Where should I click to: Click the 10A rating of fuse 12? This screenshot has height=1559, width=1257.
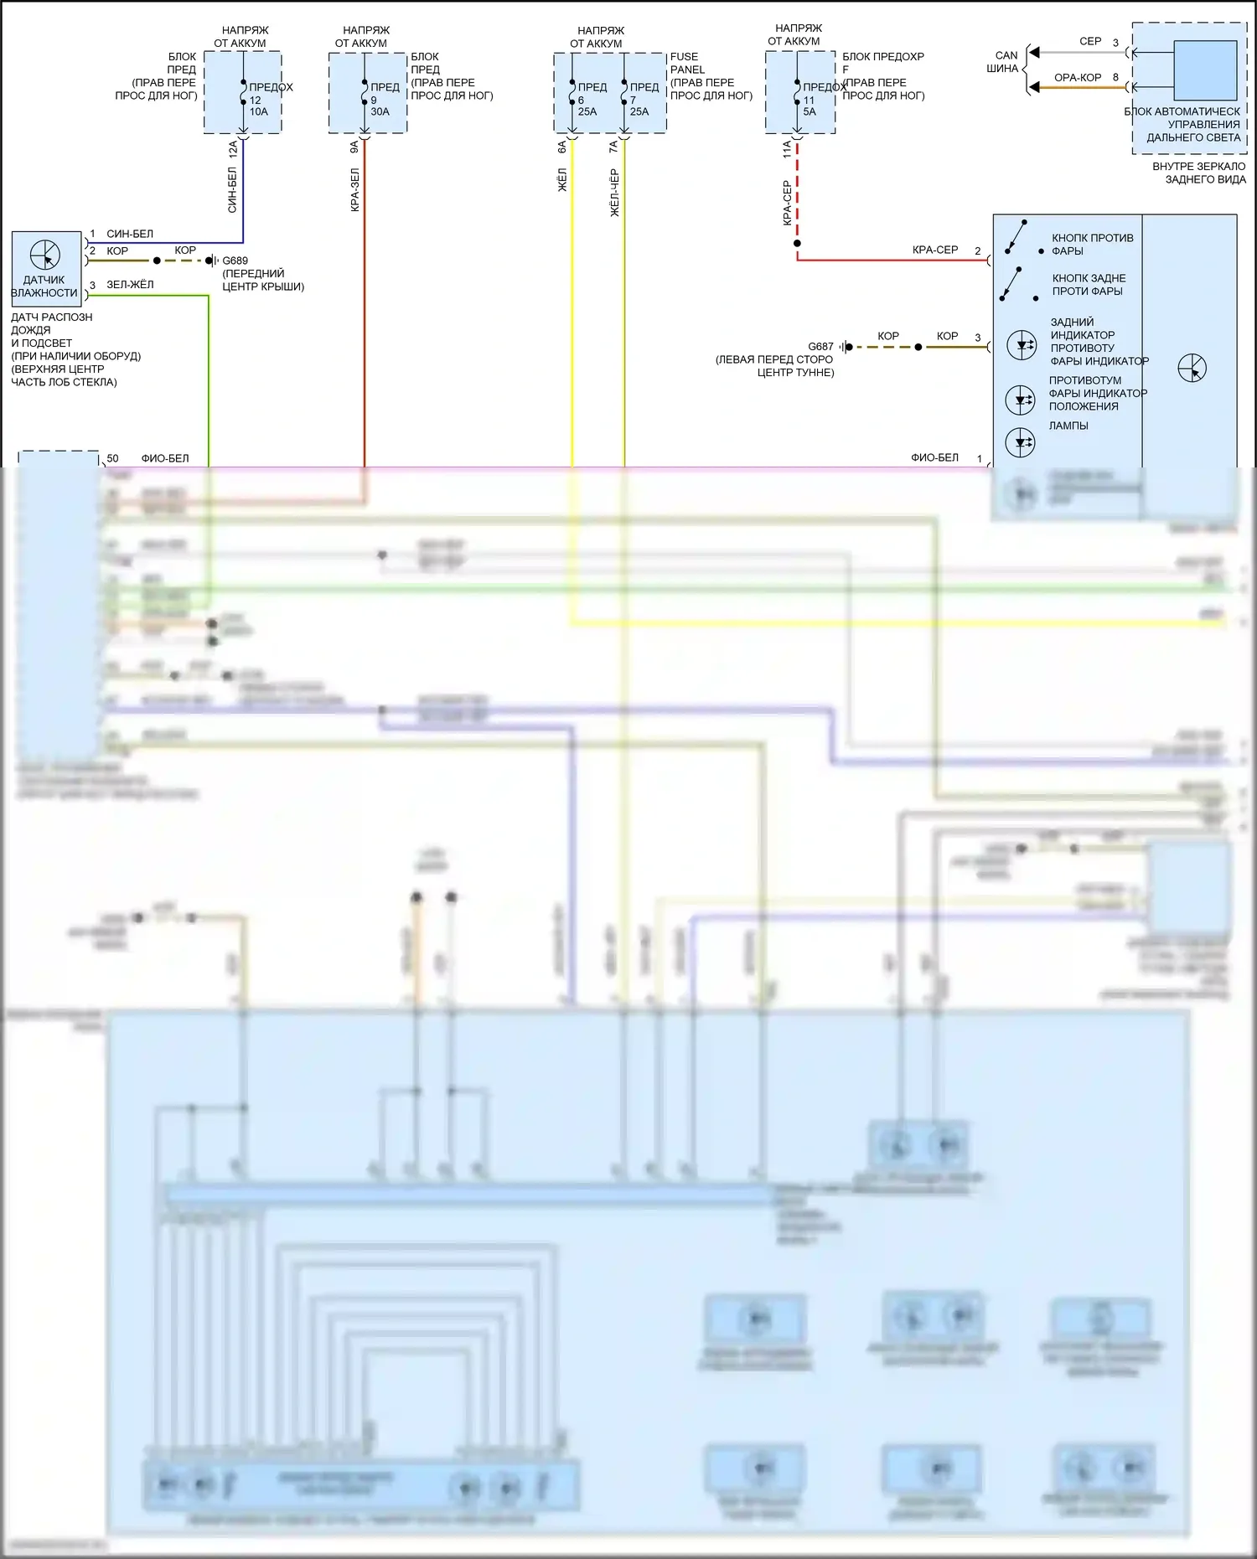(x=258, y=111)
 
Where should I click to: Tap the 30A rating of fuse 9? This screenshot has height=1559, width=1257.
(x=380, y=111)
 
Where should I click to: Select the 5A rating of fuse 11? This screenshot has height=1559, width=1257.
(x=810, y=111)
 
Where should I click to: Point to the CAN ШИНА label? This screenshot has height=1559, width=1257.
(x=1004, y=62)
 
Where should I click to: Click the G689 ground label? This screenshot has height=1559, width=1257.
(x=235, y=261)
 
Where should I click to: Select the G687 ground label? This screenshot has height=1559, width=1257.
(x=820, y=347)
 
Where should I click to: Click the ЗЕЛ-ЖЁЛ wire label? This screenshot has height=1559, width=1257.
(x=130, y=285)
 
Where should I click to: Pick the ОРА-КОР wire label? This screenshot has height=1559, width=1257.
(x=1078, y=78)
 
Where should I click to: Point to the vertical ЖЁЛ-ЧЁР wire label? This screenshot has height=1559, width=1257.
(x=614, y=194)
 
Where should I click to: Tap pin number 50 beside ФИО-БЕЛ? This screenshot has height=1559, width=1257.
(x=112, y=458)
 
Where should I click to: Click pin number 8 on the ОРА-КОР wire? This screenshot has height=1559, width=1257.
(x=1115, y=78)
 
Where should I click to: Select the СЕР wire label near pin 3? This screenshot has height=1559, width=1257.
(x=1090, y=41)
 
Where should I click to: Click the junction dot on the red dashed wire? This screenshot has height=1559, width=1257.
(x=797, y=244)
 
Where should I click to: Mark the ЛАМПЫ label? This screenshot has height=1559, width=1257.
(x=1068, y=426)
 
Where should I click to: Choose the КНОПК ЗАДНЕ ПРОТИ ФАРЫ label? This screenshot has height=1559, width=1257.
(x=1089, y=285)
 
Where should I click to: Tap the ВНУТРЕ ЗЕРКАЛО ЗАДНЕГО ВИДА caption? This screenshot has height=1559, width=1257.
(x=1199, y=173)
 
